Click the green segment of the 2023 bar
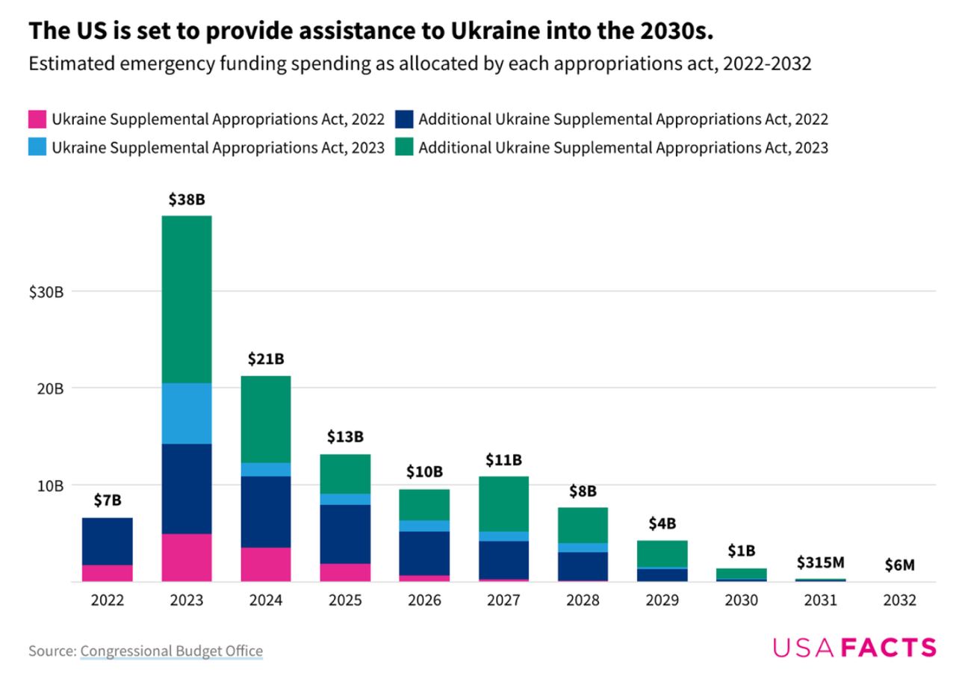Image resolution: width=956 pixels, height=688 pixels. pyautogui.click(x=186, y=299)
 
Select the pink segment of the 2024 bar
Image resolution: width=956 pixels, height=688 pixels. pyautogui.click(x=265, y=564)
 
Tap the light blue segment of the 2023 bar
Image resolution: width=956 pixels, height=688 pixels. pyautogui.click(x=186, y=413)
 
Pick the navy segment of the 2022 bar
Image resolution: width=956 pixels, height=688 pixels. pyautogui.click(x=107, y=541)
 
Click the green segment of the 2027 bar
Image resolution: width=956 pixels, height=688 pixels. pyautogui.click(x=503, y=503)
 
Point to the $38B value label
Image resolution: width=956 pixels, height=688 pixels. pyautogui.click(x=186, y=200)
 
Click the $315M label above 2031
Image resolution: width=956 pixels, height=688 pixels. pyautogui.click(x=820, y=562)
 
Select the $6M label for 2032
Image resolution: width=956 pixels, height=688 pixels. pyautogui.click(x=899, y=565)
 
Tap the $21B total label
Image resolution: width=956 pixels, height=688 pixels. pyautogui.click(x=265, y=359)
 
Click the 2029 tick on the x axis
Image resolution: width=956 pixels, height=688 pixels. pyautogui.click(x=662, y=601)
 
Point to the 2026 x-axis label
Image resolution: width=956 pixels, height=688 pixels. pyautogui.click(x=424, y=601)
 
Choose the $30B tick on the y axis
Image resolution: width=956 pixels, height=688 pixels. pyautogui.click(x=47, y=291)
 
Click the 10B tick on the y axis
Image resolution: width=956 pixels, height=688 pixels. pyautogui.click(x=49, y=486)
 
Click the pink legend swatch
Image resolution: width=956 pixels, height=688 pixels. pyautogui.click(x=37, y=119)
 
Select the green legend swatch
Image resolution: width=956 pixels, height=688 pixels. pyautogui.click(x=404, y=147)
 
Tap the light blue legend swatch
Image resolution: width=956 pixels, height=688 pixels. pyautogui.click(x=37, y=147)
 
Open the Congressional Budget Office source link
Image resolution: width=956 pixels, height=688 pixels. pyautogui.click(x=171, y=651)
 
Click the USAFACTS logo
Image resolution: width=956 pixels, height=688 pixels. pyautogui.click(x=854, y=648)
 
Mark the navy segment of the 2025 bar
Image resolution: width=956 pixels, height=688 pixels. pyautogui.click(x=345, y=534)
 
